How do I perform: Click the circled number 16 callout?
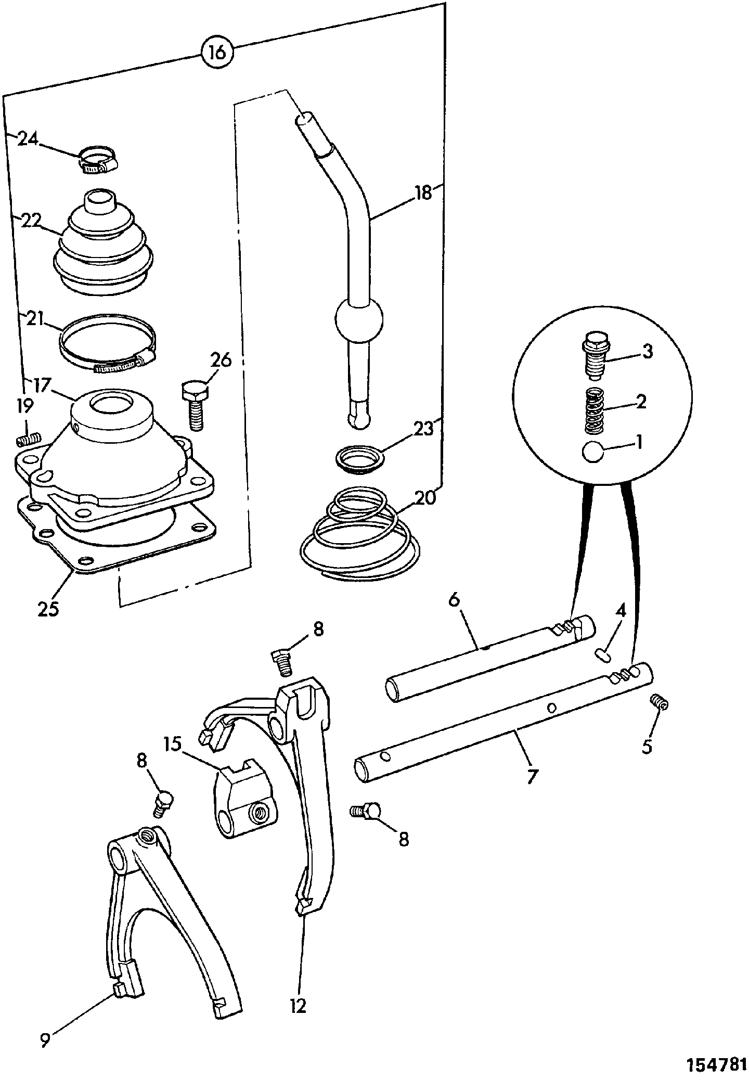(218, 53)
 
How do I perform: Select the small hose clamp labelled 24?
(98, 160)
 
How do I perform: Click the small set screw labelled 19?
(29, 440)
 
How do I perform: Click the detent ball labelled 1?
(592, 452)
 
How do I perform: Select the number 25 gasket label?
(48, 608)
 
